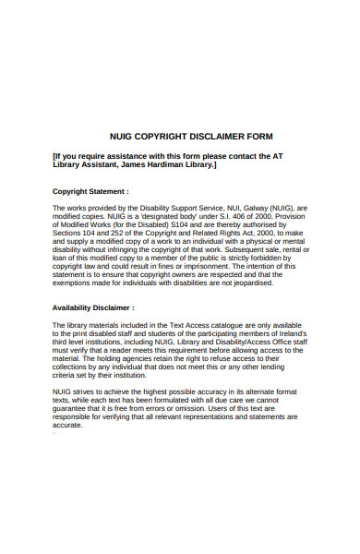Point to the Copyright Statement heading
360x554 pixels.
coord(90,191)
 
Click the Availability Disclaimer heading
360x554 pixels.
coord(93,307)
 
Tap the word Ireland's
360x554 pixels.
coord(289,333)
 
